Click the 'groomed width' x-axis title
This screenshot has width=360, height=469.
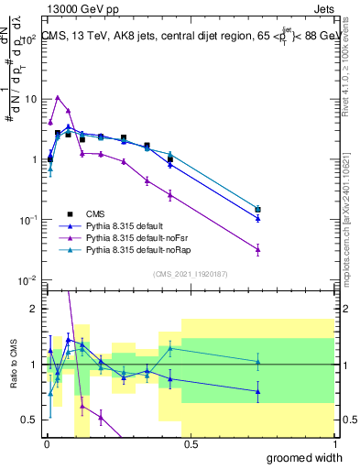tap(304, 457)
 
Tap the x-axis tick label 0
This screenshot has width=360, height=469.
tap(45, 444)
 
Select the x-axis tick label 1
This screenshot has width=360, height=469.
tap(331, 444)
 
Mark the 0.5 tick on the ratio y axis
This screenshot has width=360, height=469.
tap(30, 420)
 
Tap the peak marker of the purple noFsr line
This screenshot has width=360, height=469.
tap(58, 97)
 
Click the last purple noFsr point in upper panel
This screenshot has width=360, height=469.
tap(258, 249)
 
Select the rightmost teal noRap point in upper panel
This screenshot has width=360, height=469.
tap(258, 209)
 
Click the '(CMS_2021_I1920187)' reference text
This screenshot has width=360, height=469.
tap(189, 273)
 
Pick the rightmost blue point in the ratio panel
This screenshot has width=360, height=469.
tap(258, 391)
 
